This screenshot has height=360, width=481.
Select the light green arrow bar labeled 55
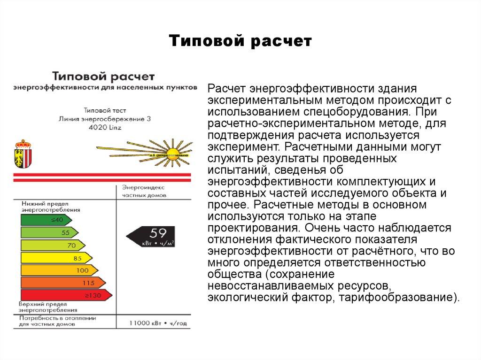[49, 232]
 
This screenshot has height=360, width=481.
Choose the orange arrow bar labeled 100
[59, 270]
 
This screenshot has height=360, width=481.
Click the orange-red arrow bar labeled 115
[62, 283]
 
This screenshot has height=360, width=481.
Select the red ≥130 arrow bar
[66, 295]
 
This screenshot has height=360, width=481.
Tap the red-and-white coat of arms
[22, 153]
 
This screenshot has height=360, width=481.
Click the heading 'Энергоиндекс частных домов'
[141, 191]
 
